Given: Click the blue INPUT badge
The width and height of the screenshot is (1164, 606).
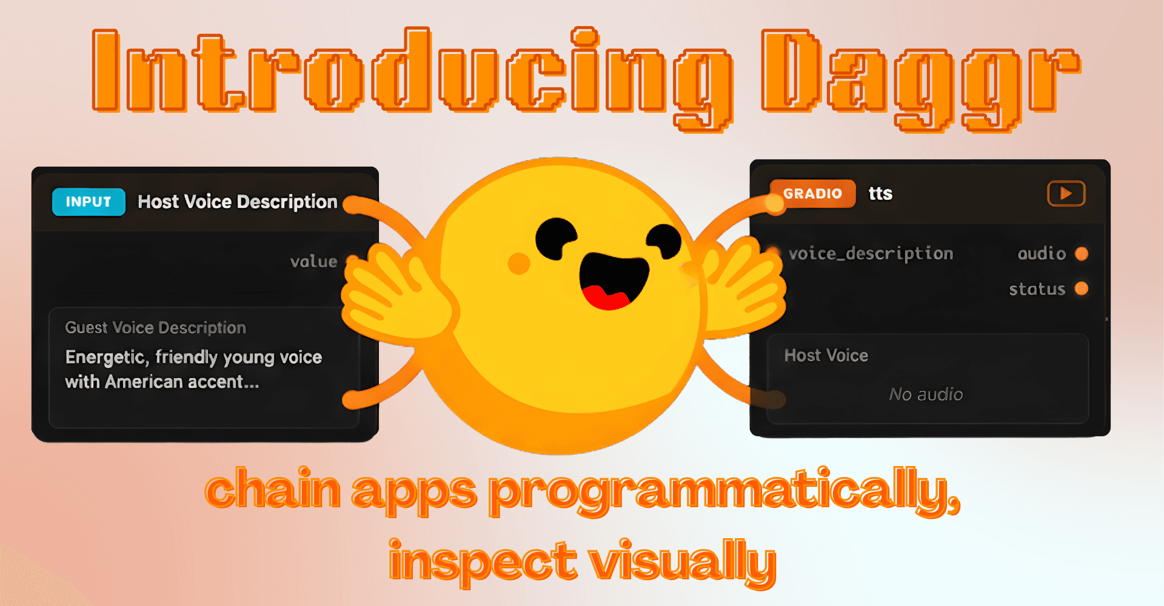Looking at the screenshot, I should tap(89, 202).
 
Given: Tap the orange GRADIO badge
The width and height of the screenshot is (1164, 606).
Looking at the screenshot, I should tap(812, 193).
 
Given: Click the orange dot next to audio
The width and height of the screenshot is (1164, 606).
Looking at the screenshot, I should tap(1082, 253).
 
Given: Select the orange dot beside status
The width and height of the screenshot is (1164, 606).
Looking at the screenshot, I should tap(1082, 288).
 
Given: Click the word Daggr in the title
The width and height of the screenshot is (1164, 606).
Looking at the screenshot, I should tap(920, 79).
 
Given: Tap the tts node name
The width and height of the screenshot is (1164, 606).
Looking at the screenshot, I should tap(880, 193).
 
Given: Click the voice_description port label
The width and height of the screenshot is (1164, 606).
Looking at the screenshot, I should tap(871, 254).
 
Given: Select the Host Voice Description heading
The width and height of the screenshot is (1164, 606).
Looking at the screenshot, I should tap(237, 202).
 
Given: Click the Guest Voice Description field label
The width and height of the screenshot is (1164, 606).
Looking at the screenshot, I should tap(155, 328).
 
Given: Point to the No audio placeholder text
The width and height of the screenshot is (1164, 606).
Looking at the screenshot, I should tap(926, 395).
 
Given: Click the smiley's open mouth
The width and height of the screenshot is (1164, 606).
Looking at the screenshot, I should tap(612, 276).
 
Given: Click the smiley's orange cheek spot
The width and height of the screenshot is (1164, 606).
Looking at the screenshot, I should tap(518, 263).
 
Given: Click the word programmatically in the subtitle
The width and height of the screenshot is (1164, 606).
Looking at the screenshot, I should tap(724, 491).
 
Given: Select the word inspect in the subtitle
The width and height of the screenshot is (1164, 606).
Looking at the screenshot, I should tap(482, 561).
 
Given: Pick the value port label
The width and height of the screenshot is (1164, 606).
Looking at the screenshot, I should tap(313, 262).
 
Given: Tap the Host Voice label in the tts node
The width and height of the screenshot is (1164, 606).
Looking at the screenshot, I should tap(826, 356).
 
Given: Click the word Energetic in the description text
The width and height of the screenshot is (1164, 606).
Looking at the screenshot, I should tap(104, 358).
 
